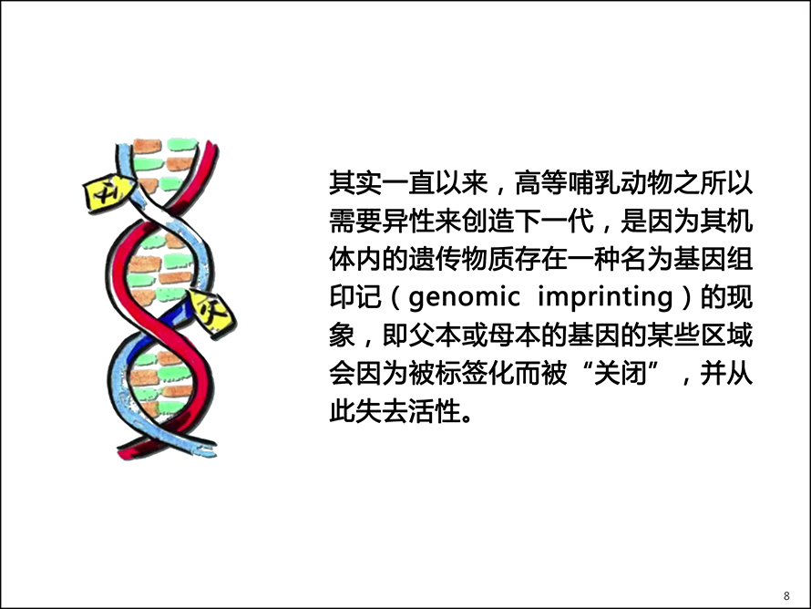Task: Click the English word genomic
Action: [x=464, y=297]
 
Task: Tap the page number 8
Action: [x=786, y=595]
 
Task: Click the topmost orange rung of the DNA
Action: [x=148, y=146]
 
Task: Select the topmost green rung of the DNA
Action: [x=182, y=145]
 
